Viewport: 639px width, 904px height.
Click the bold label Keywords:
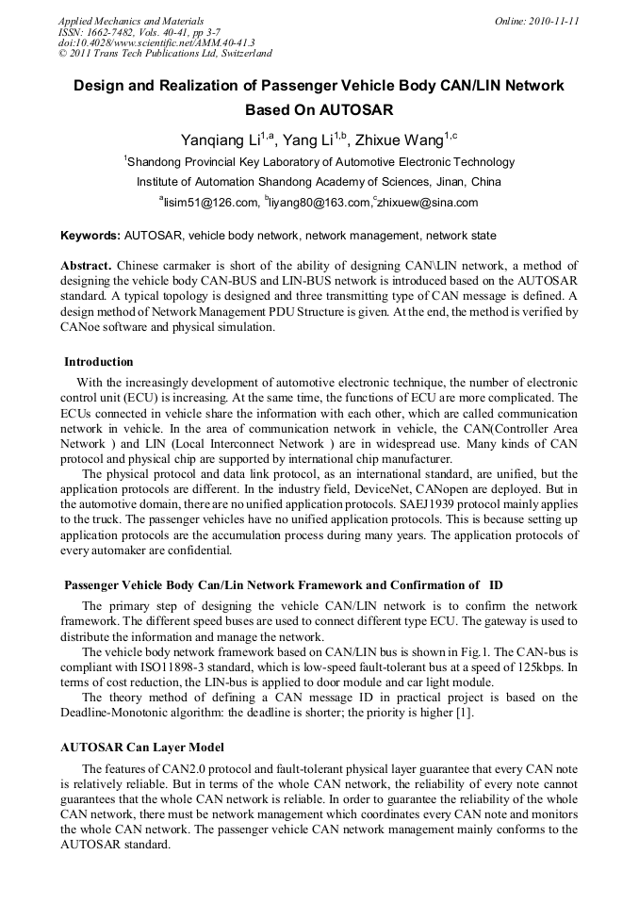click(x=90, y=235)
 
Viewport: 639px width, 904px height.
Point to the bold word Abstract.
click(x=87, y=266)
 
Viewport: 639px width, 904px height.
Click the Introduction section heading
click(x=99, y=362)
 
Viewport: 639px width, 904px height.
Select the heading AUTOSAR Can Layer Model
click(x=142, y=748)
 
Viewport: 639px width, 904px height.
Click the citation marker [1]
click(x=466, y=713)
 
